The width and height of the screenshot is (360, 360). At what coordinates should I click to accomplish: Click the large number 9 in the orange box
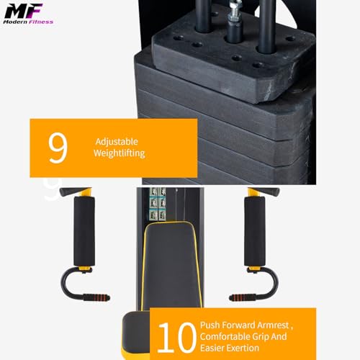[x=58, y=147]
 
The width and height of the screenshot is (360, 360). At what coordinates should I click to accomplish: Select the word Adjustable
[x=116, y=142]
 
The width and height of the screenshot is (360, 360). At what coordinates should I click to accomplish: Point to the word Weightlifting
[x=119, y=153]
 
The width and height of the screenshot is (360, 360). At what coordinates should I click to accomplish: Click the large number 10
[x=176, y=336]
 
